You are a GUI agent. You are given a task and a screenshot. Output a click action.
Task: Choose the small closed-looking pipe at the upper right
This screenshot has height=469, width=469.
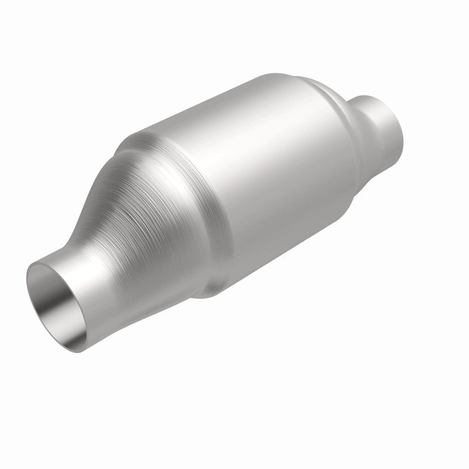(381, 123)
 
